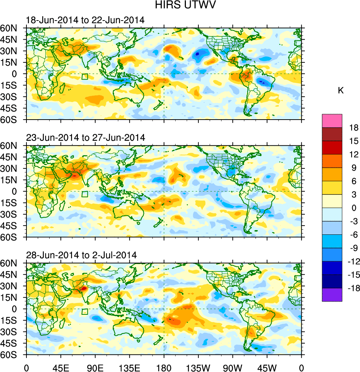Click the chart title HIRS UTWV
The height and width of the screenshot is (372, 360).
[x=180, y=6]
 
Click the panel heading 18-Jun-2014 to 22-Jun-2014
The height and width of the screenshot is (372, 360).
[x=85, y=20]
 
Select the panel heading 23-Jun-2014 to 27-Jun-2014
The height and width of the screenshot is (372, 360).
[x=85, y=138]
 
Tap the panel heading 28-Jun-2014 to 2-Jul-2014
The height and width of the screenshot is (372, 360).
[x=81, y=255]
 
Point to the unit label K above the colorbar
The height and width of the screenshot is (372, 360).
[x=341, y=90]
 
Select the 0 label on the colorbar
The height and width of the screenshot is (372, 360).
[x=354, y=208]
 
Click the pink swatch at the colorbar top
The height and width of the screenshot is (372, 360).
[x=332, y=121]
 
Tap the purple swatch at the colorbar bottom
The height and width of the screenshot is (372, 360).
[x=332, y=295]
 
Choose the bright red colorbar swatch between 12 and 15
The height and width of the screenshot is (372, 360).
[x=332, y=147]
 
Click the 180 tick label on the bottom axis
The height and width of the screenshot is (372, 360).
[x=164, y=367]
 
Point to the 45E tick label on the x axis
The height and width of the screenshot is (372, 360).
[x=61, y=367]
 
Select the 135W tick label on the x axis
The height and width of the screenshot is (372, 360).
[x=198, y=367]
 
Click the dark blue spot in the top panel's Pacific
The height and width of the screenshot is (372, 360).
[x=197, y=54]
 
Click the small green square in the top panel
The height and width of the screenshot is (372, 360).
[x=85, y=77]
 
